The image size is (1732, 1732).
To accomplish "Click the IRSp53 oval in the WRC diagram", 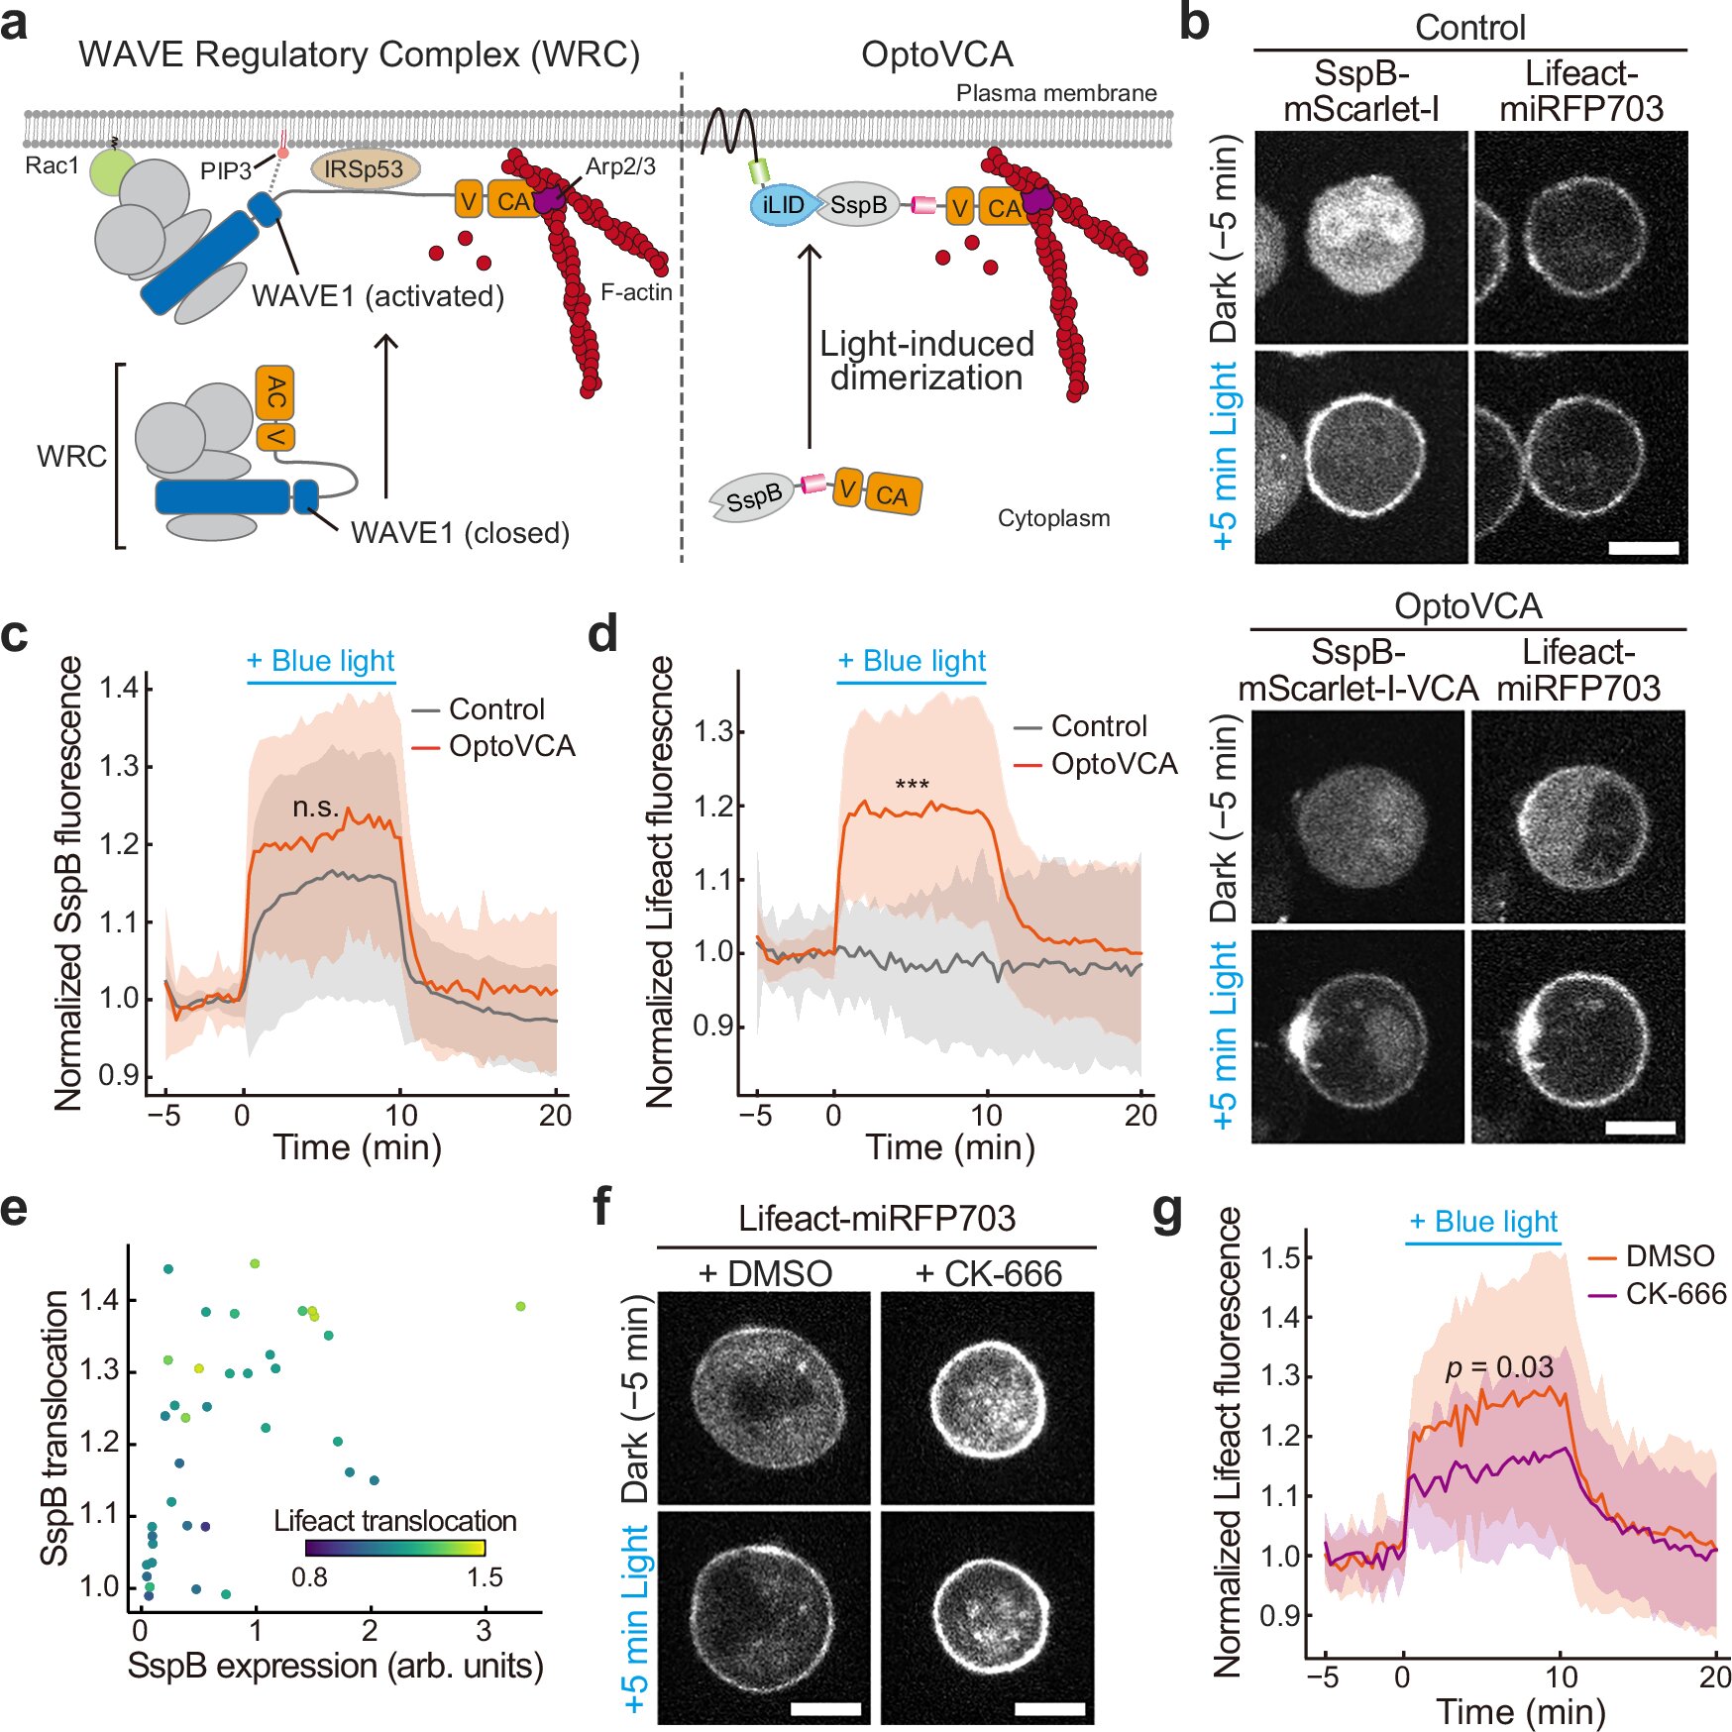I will pos(365,169).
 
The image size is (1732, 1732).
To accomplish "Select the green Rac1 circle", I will pos(112,170).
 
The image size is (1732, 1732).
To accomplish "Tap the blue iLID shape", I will pos(783,205).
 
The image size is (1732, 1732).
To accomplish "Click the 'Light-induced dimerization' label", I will pos(926,361).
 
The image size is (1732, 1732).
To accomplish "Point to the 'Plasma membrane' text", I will pos(1056,93).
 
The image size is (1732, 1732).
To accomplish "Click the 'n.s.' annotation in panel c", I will pos(315,808).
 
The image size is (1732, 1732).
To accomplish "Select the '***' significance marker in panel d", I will pos(912,786).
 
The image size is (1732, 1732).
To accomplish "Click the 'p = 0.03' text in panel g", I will pos(1499,1368).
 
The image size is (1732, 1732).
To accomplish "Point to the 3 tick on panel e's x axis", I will pos(484,1630).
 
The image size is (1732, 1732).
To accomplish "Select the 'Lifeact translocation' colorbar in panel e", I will pos(394,1548).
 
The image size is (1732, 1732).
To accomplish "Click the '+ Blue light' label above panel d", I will pos(912,661).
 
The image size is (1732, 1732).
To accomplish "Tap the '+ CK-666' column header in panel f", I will pos(988,1273).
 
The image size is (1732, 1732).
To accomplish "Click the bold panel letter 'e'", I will pos(14,1209).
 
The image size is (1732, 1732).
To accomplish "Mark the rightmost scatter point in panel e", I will pos(520,1306).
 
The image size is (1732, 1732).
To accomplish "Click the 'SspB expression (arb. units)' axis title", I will pos(335,1666).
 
